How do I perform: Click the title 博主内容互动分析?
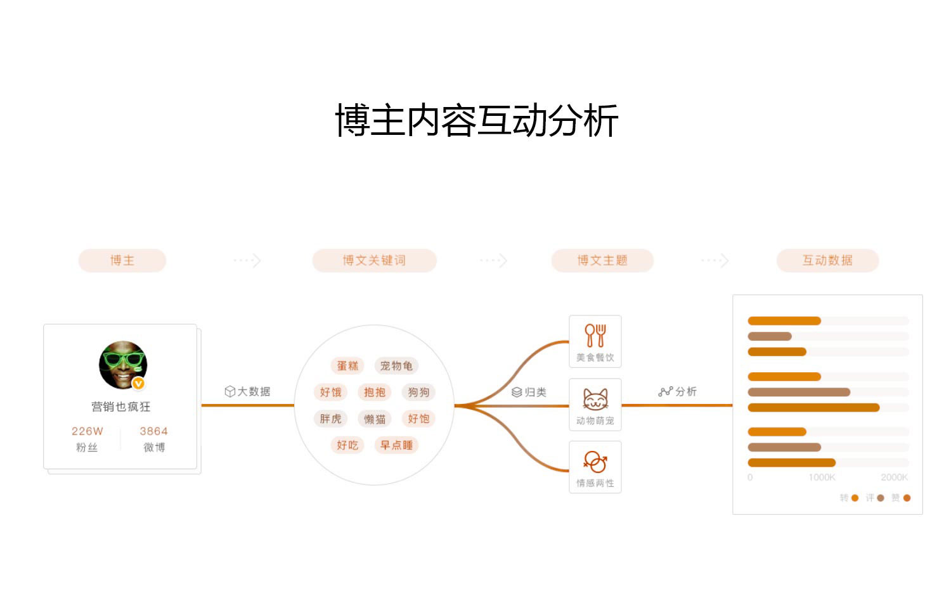click(476, 120)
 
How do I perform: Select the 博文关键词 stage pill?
click(374, 260)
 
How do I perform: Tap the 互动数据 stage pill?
click(827, 260)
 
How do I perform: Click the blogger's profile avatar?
click(123, 365)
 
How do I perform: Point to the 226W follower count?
click(87, 431)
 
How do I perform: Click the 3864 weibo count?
click(153, 431)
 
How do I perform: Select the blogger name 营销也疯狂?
click(121, 407)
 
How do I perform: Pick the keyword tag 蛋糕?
click(347, 366)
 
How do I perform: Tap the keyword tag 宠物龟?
click(396, 366)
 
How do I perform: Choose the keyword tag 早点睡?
click(396, 445)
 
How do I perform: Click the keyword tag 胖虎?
click(330, 419)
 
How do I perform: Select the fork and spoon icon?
click(595, 335)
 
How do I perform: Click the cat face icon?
click(595, 400)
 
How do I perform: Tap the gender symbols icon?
click(595, 462)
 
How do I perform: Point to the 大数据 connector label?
click(248, 391)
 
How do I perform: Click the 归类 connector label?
click(529, 392)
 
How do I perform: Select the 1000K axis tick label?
click(822, 477)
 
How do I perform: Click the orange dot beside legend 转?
click(855, 498)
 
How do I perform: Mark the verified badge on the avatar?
click(138, 383)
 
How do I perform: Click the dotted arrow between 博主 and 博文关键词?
click(247, 260)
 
